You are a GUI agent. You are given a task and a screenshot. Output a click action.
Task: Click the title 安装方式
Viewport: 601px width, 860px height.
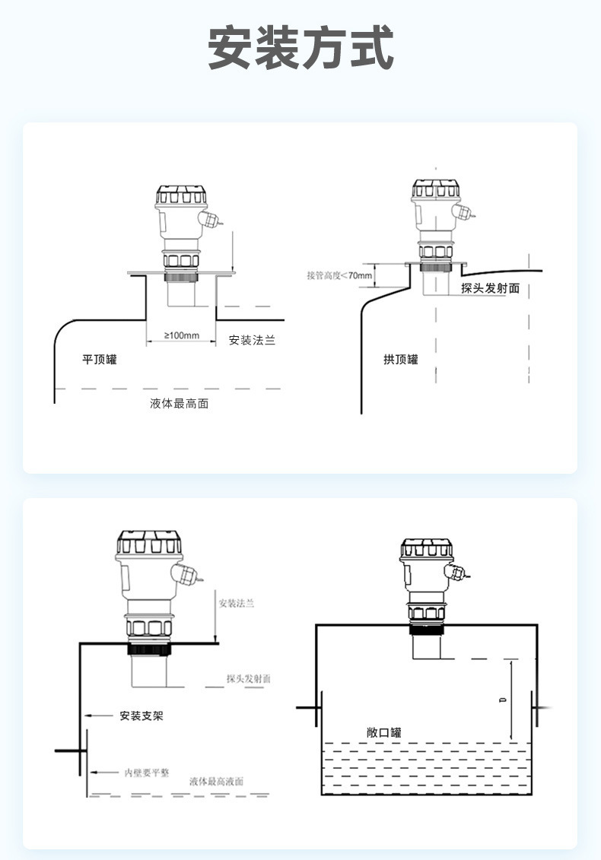pos(301,48)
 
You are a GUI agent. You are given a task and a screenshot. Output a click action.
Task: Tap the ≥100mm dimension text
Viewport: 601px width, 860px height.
pos(182,335)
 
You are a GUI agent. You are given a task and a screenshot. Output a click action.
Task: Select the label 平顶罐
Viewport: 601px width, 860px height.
pos(100,359)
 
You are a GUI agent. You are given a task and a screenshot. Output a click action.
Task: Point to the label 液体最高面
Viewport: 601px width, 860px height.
pos(179,403)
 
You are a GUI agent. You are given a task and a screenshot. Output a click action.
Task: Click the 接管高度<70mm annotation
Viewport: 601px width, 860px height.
pos(339,275)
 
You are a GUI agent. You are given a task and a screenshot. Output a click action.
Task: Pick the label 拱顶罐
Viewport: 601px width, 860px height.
pos(400,359)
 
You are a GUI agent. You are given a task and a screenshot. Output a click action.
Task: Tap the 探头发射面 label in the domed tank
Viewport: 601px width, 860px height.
pos(490,288)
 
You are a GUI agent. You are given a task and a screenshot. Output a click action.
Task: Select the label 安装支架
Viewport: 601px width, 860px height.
pos(142,716)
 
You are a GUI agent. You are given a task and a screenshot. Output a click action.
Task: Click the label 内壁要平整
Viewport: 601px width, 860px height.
pos(147,772)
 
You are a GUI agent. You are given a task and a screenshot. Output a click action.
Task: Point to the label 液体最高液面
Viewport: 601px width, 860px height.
pos(217,781)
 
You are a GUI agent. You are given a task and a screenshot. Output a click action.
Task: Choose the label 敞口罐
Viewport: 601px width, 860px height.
pos(383,733)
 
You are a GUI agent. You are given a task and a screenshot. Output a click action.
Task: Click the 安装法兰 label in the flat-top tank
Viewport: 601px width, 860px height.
pos(252,340)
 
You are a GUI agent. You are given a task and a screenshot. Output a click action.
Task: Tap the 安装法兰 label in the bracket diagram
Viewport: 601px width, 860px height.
pos(236,604)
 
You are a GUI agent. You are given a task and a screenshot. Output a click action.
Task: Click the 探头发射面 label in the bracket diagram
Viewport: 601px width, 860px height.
pos(248,678)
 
